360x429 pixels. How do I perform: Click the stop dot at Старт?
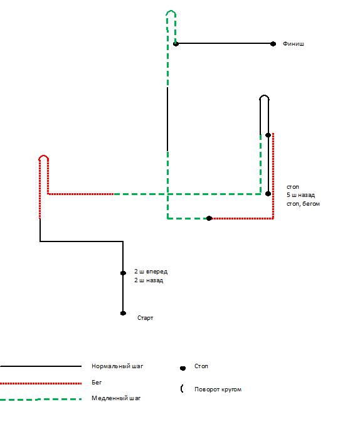(123, 313)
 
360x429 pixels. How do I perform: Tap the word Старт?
(146, 318)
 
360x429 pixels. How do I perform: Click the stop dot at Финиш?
(273, 44)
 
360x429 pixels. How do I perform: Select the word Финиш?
(294, 44)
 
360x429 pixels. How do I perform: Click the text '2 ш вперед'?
(151, 272)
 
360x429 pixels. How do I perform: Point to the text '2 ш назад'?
(149, 280)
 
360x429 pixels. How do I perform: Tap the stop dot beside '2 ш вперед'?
(123, 273)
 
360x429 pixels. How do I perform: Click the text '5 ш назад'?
(300, 195)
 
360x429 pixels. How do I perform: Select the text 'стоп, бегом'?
(303, 204)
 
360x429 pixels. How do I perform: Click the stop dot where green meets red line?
(209, 218)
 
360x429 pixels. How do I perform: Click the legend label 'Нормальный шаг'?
(117, 366)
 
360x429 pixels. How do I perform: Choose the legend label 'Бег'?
(97, 383)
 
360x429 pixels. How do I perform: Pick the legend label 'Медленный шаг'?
(116, 398)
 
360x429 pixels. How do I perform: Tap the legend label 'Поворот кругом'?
(218, 389)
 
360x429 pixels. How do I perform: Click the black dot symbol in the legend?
(183, 368)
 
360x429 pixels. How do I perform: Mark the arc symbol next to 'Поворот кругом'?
(182, 388)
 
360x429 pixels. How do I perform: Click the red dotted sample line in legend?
(41, 383)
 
